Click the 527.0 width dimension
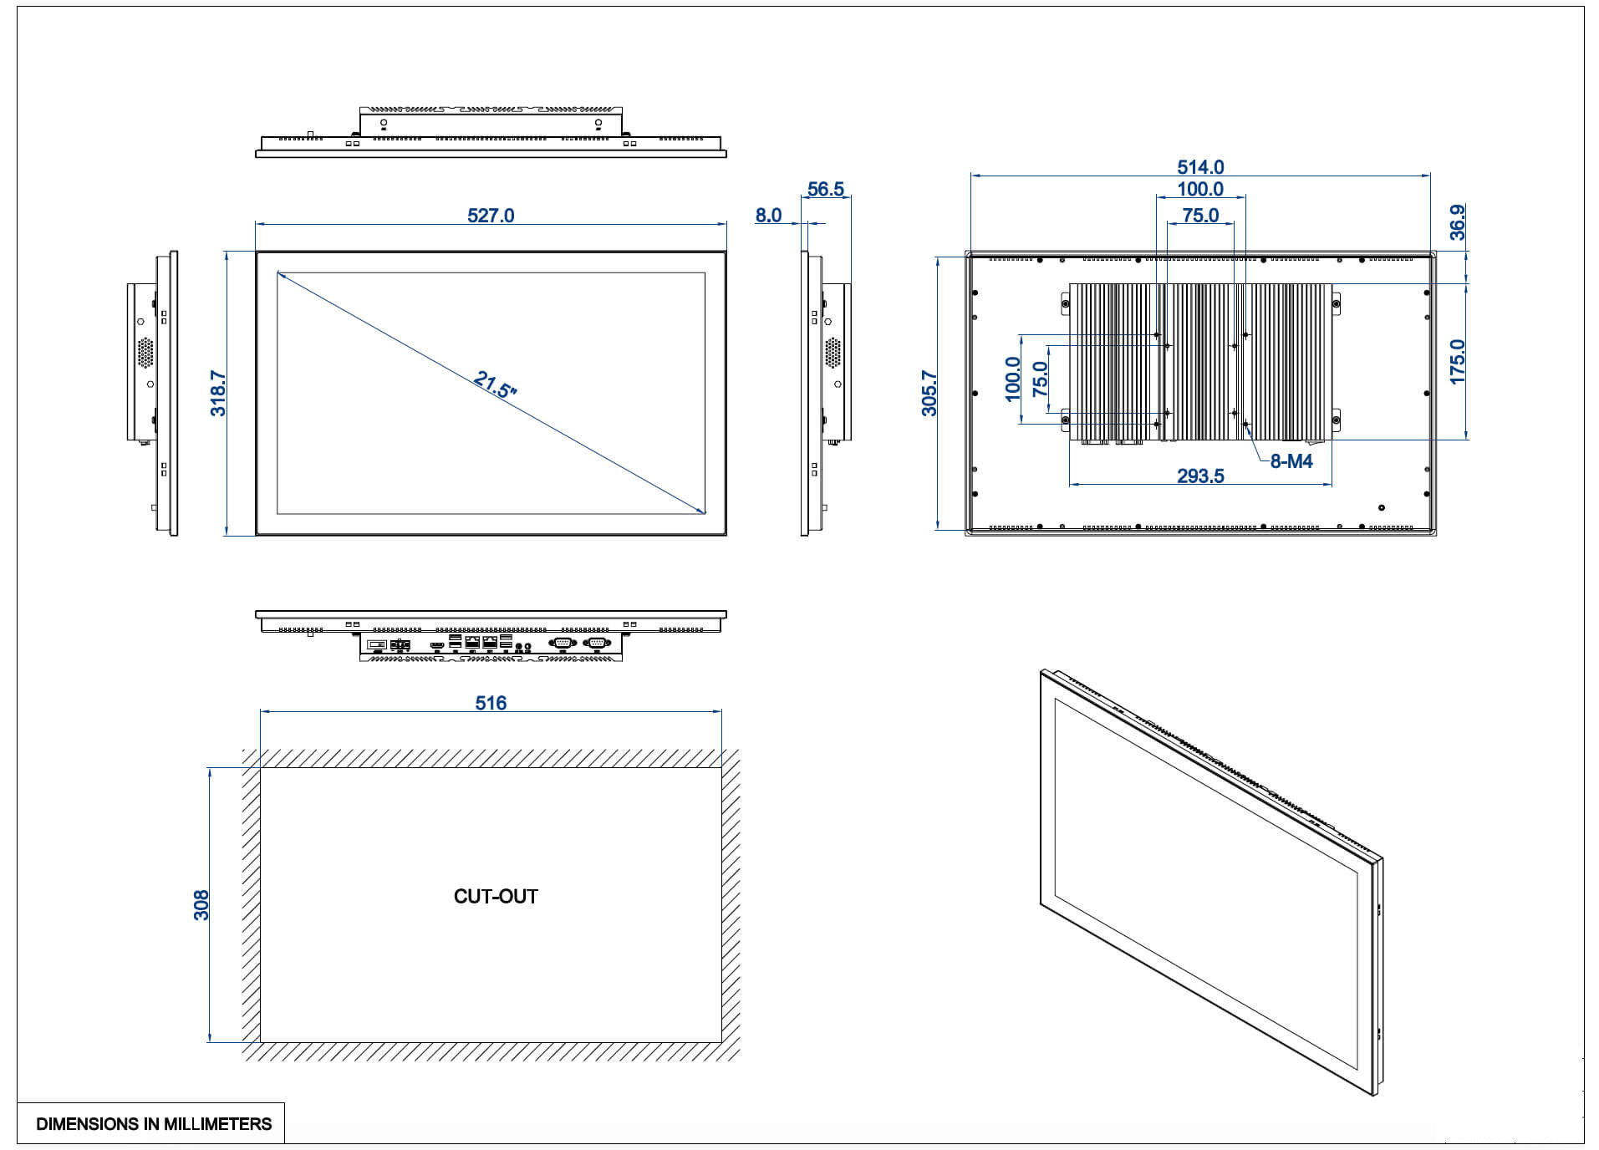[491, 216]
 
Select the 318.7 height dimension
[218, 393]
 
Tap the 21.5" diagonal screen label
[495, 384]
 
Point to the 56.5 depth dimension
[826, 190]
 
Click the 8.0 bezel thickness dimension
[768, 216]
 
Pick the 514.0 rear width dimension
[1200, 167]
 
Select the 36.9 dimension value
[1457, 222]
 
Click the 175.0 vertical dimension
[1458, 362]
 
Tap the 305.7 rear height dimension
[929, 393]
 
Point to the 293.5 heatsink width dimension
[1200, 476]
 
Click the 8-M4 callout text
[1291, 461]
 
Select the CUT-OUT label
[496, 896]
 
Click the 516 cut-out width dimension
[491, 703]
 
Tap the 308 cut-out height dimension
[201, 905]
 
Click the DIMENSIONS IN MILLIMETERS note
[154, 1124]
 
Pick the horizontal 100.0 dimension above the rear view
[1200, 190]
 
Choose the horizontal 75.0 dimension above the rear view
[1200, 216]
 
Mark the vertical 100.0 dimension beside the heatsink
[1012, 379]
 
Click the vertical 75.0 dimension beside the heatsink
[1040, 379]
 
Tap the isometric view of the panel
[1212, 882]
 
